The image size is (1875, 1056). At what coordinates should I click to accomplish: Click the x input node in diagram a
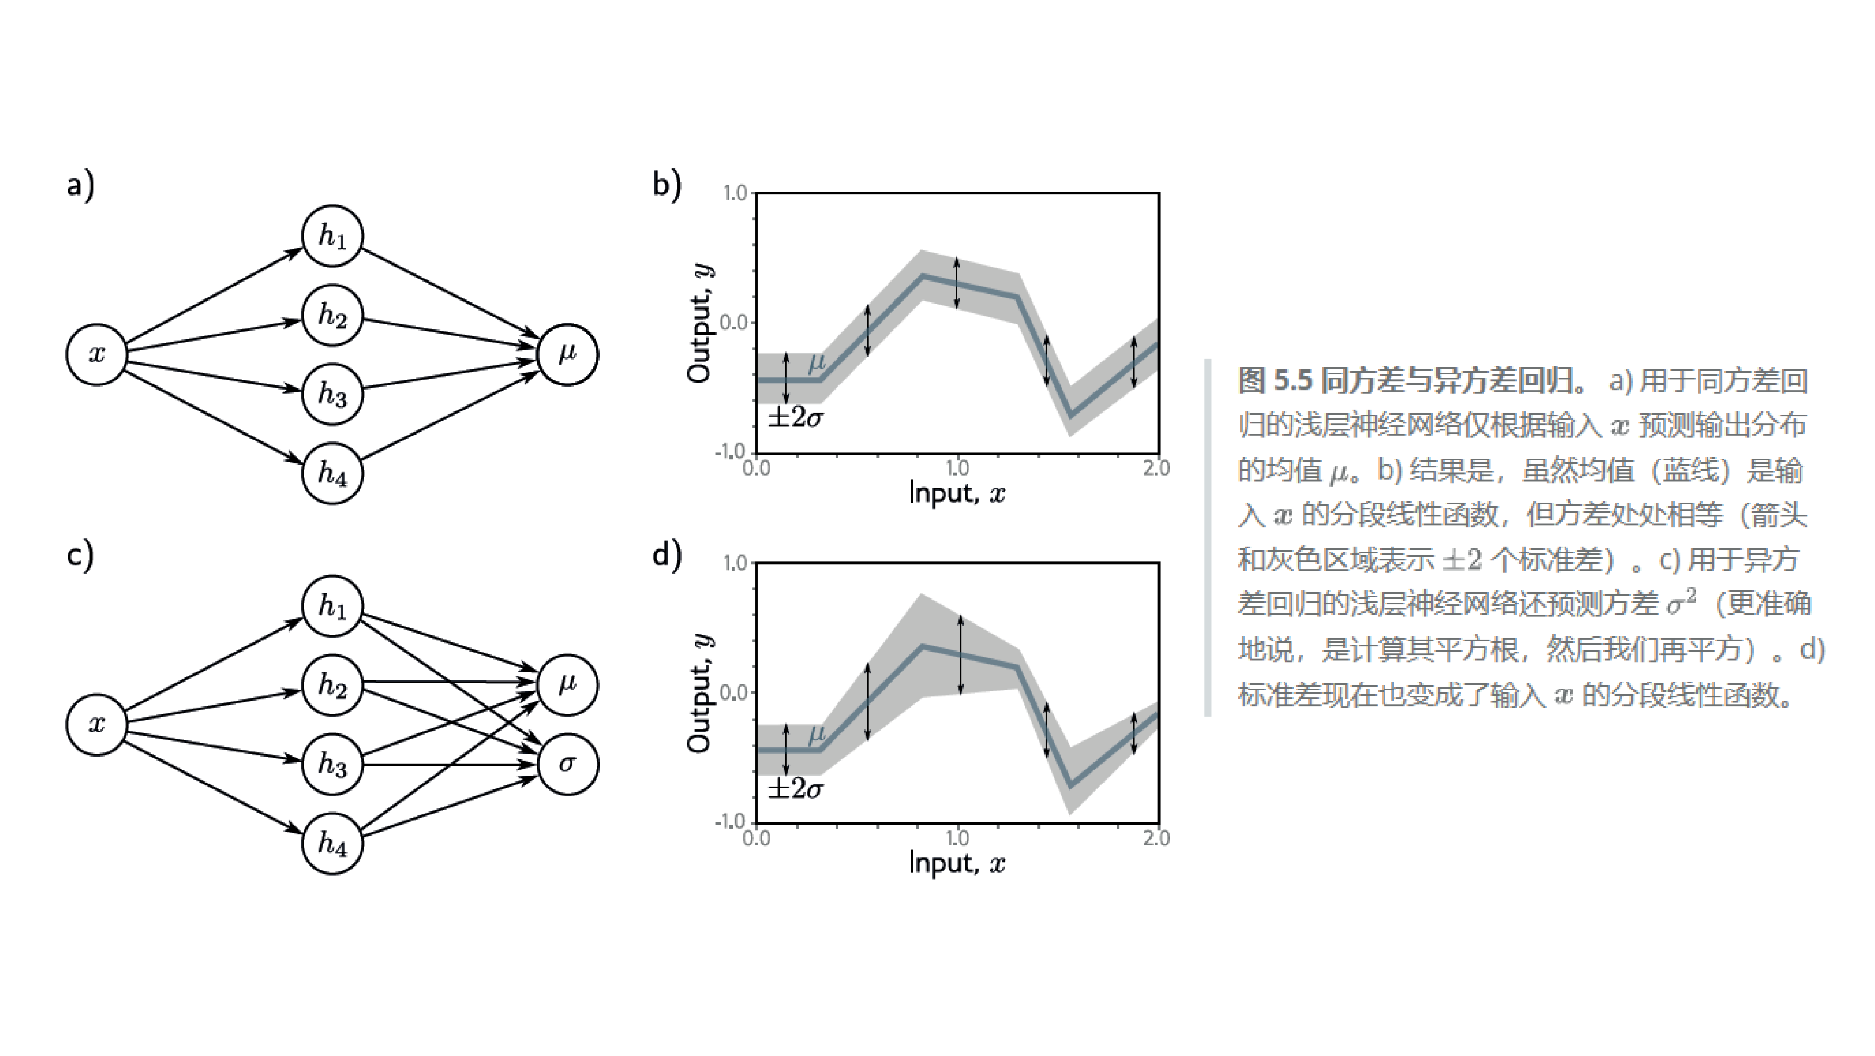pyautogui.click(x=97, y=354)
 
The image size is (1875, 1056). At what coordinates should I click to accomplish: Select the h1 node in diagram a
pyautogui.click(x=332, y=236)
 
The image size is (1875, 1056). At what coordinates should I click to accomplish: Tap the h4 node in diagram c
pyautogui.click(x=332, y=843)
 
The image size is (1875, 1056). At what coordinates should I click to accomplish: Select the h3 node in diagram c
pyautogui.click(x=332, y=764)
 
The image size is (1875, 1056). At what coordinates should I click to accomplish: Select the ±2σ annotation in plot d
pyautogui.click(x=795, y=788)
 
